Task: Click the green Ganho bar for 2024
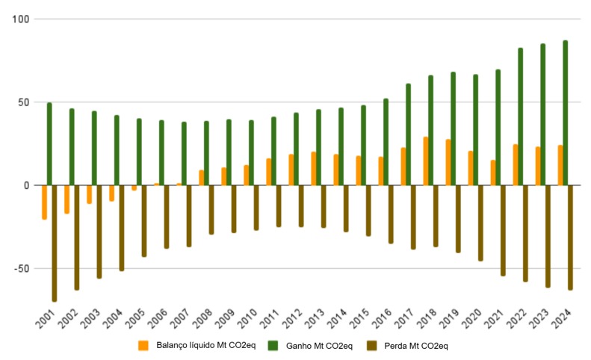565,113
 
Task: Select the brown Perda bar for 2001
55,243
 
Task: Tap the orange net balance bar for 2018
426,161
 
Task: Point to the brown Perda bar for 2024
570,237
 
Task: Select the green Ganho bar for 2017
408,134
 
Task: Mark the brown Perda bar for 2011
279,205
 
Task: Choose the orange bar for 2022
516,165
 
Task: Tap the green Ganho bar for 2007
184,154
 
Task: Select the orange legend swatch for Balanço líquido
143,346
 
